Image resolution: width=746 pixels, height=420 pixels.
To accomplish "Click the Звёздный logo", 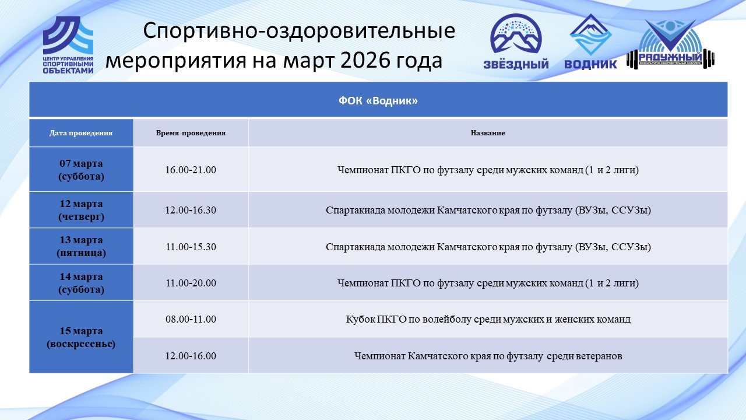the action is pyautogui.click(x=516, y=41).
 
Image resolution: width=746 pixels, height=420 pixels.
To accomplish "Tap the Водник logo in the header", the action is pyautogui.click(x=590, y=41).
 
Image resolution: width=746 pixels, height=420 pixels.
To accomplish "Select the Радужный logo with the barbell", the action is pyautogui.click(x=670, y=44).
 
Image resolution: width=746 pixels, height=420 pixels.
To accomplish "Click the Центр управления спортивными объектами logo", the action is pyautogui.click(x=68, y=45).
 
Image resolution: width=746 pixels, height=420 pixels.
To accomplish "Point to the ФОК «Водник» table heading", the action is pyautogui.click(x=378, y=101).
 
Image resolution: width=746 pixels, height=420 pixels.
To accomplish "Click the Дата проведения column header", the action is pyautogui.click(x=81, y=133).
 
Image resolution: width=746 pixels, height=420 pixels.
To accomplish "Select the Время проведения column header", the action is pyautogui.click(x=191, y=133).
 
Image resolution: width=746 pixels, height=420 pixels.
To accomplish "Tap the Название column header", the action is pyautogui.click(x=488, y=133).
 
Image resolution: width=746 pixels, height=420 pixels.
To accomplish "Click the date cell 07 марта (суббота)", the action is pyautogui.click(x=81, y=170).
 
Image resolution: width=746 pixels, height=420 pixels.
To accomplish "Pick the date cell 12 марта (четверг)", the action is pyautogui.click(x=81, y=210).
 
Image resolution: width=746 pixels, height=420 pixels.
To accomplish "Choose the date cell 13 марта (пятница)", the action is pyautogui.click(x=81, y=246).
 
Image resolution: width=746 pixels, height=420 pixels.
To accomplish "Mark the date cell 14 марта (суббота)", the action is pyautogui.click(x=81, y=283).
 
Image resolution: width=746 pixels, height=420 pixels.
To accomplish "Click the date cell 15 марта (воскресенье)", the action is pyautogui.click(x=81, y=337).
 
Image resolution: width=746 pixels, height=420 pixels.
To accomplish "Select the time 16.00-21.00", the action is pyautogui.click(x=191, y=170).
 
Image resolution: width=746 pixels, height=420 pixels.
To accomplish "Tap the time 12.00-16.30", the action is pyautogui.click(x=191, y=211).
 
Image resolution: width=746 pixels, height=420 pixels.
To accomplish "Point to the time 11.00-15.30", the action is pyautogui.click(x=191, y=247).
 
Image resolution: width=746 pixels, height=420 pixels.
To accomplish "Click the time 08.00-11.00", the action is pyautogui.click(x=191, y=319).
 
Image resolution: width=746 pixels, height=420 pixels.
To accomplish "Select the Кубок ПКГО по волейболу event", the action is pyautogui.click(x=488, y=319).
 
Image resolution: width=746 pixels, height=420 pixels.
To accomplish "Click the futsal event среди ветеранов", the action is pyautogui.click(x=488, y=356).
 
